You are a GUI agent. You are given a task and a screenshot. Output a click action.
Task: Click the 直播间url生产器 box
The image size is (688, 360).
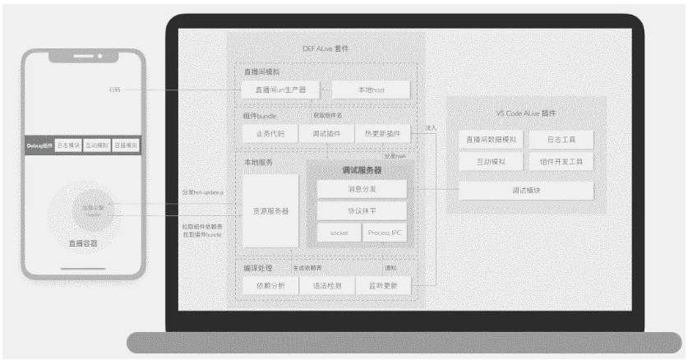[279, 90]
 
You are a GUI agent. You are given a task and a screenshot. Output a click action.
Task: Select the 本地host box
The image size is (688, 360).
[370, 90]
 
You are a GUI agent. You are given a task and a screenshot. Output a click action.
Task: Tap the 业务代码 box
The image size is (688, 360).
[270, 133]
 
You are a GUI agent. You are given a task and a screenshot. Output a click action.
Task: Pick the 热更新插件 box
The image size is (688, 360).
[381, 133]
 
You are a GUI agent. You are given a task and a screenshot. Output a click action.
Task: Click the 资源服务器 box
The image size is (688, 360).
[270, 211]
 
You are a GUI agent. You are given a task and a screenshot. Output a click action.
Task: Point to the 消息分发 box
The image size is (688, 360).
[361, 190]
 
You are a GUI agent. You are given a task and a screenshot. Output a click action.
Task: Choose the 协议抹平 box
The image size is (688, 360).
[361, 211]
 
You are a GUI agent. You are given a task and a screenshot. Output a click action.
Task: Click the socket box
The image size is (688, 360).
[338, 233]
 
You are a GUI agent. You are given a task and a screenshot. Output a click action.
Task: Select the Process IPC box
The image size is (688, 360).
[384, 233]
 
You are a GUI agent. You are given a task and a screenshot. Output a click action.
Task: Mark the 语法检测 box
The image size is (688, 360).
[326, 285]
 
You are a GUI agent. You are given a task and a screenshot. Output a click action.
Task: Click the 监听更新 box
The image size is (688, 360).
[382, 285]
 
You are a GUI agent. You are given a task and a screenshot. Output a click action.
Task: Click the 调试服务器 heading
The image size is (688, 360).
[361, 171]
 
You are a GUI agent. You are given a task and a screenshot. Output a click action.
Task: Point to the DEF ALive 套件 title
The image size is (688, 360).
[326, 48]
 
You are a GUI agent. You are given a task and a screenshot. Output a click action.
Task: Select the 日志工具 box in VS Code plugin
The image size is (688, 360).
[560, 140]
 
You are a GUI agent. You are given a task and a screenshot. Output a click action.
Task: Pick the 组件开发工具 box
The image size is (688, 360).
[560, 162]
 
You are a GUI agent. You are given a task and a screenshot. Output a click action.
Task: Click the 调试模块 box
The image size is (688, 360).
[525, 190]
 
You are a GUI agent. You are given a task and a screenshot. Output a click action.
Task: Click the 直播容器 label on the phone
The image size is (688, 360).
[82, 243]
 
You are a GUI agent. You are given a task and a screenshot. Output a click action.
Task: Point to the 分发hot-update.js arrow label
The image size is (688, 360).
[204, 192]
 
